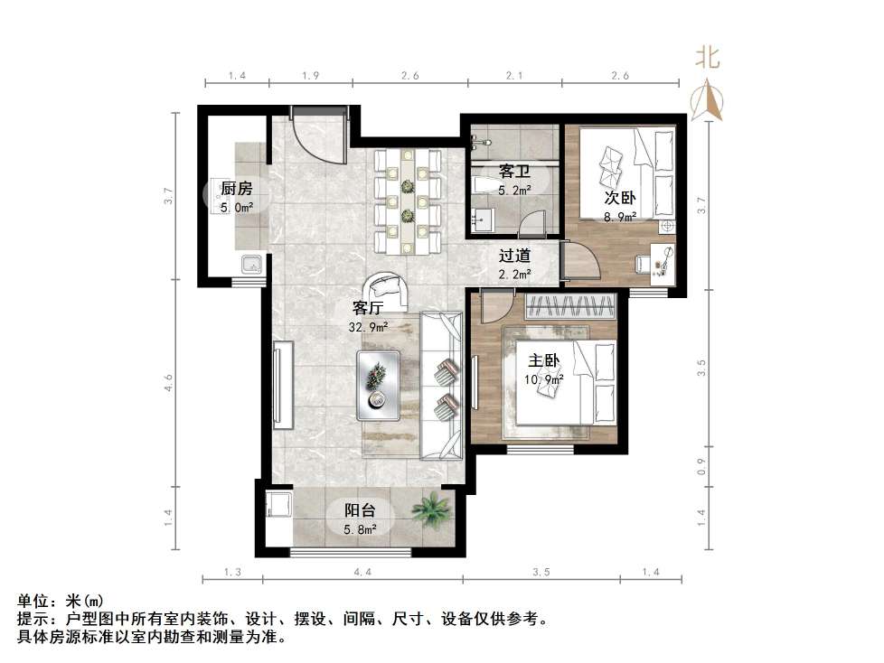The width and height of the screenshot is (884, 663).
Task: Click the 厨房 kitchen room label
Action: click(236, 189)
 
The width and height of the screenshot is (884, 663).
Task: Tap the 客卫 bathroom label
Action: click(513, 171)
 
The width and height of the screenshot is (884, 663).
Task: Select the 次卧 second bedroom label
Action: click(620, 198)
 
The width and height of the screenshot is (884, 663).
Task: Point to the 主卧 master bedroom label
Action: click(544, 360)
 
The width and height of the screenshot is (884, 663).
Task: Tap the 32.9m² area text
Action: click(371, 326)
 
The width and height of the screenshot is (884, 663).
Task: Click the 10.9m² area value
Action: click(546, 379)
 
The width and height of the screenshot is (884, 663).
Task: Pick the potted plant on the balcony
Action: click(431, 509)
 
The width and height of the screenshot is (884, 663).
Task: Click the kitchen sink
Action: click(250, 265)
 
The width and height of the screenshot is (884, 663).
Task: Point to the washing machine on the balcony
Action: click(277, 505)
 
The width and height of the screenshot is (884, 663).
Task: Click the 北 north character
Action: click(707, 59)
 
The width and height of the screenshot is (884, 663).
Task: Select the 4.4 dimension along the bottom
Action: click(362, 573)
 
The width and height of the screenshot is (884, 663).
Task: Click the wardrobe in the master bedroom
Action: click(571, 307)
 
